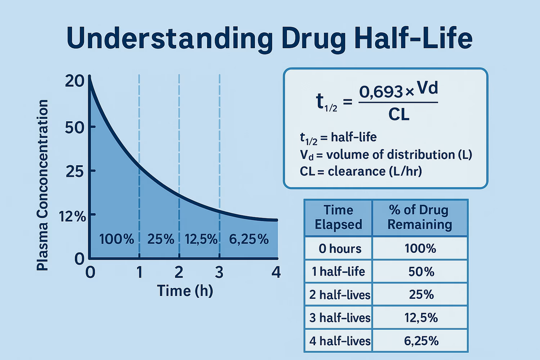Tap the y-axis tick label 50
(x=75, y=127)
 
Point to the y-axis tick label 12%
(x=72, y=216)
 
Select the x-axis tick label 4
(x=276, y=273)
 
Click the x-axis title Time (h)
(x=185, y=291)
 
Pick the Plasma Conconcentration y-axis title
(x=42, y=185)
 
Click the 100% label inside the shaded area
(x=116, y=239)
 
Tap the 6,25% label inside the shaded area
(x=249, y=239)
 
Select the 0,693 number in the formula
(x=381, y=92)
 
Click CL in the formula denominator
(x=399, y=115)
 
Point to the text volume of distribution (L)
(x=399, y=154)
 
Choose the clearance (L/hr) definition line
(x=361, y=171)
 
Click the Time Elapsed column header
(x=338, y=217)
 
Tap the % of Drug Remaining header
(x=419, y=217)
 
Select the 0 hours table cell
(x=340, y=248)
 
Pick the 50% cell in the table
(x=421, y=271)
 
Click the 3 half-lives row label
(x=340, y=318)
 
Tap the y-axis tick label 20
(x=75, y=81)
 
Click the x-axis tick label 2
(x=179, y=273)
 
